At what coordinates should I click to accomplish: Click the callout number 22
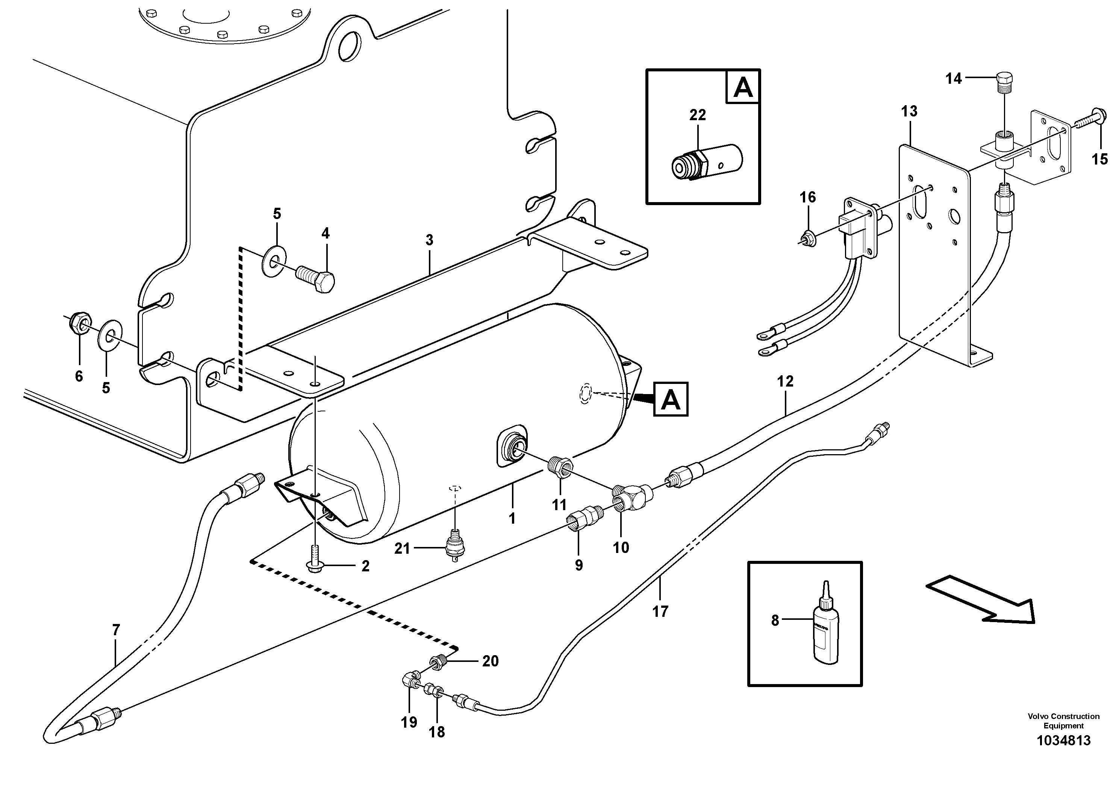pyautogui.click(x=697, y=115)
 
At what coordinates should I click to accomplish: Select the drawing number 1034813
pyautogui.click(x=1063, y=741)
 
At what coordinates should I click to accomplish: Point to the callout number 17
pyautogui.click(x=660, y=611)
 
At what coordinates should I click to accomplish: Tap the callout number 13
pyautogui.click(x=909, y=111)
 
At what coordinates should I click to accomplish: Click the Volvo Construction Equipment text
pyautogui.click(x=1063, y=721)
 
